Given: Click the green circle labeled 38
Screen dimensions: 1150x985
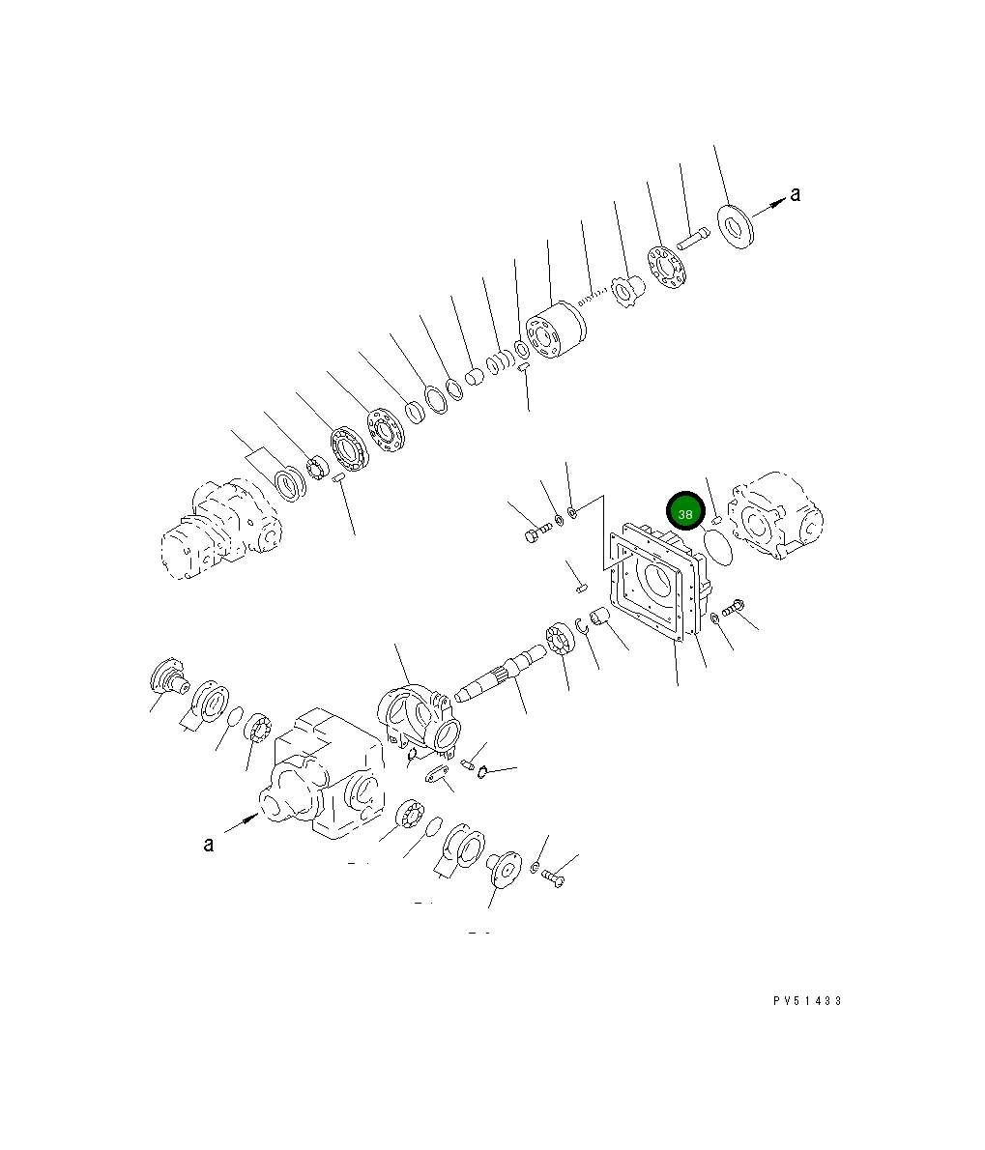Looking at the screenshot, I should (x=684, y=513).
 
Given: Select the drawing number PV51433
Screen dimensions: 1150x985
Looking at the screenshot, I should (x=807, y=1001).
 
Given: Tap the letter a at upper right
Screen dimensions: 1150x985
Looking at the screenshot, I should (x=795, y=194).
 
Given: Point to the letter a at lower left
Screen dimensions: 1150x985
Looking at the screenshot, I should (x=208, y=845).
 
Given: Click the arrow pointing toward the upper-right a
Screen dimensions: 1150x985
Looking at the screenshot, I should (x=769, y=204).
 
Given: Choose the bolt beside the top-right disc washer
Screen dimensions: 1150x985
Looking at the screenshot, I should (x=694, y=238).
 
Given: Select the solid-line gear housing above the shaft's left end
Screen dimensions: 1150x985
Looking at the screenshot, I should (x=416, y=716).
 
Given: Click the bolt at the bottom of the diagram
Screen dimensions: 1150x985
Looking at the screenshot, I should (x=553, y=878).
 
